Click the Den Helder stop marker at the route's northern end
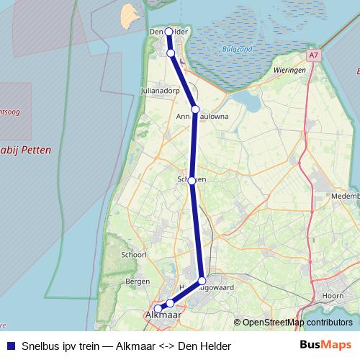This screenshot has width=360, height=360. (x=168, y=32)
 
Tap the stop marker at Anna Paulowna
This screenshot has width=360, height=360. (x=195, y=109)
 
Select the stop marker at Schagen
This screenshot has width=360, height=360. (x=192, y=181)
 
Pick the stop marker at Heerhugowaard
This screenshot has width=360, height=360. (x=202, y=281)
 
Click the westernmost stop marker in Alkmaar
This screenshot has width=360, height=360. (x=158, y=309)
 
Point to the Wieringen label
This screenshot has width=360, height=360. (x=290, y=70)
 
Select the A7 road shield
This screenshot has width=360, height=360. (x=312, y=55)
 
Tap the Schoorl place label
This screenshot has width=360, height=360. (x=135, y=255)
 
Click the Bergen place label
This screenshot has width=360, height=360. (x=138, y=281)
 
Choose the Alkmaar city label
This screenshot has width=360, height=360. (x=163, y=315)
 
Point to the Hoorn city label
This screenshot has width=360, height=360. (x=332, y=296)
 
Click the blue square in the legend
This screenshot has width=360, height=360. (x=10, y=346)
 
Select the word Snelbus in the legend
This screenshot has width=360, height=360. (x=40, y=346)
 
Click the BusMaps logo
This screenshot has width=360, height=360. (x=325, y=346)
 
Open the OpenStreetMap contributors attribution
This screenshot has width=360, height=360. (x=297, y=323)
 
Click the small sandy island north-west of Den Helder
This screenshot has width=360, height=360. (x=129, y=14)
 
